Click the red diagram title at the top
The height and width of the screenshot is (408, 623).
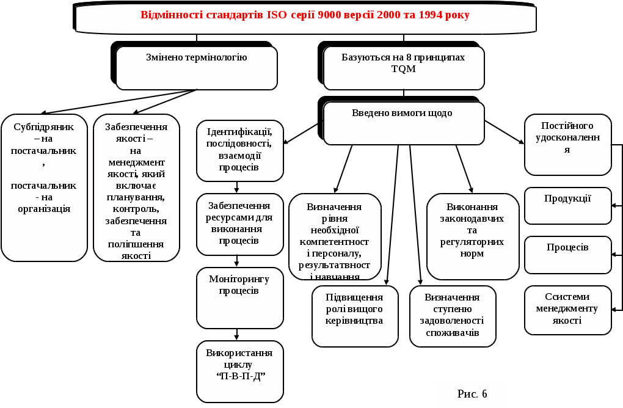tap(305, 16)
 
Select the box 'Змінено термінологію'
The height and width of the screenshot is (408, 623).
tap(196, 67)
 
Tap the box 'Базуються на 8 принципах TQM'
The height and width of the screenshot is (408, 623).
tap(403, 67)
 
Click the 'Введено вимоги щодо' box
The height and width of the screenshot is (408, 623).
tap(403, 122)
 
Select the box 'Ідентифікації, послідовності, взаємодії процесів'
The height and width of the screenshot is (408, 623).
tap(240, 150)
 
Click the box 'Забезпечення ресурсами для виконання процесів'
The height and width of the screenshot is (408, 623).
tap(240, 224)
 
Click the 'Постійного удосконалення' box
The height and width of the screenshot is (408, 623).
tap(567, 144)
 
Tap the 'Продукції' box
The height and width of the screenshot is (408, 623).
tap(567, 205)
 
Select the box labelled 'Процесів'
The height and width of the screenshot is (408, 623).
tap(567, 254)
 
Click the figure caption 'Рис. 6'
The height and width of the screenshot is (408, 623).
tap(472, 395)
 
